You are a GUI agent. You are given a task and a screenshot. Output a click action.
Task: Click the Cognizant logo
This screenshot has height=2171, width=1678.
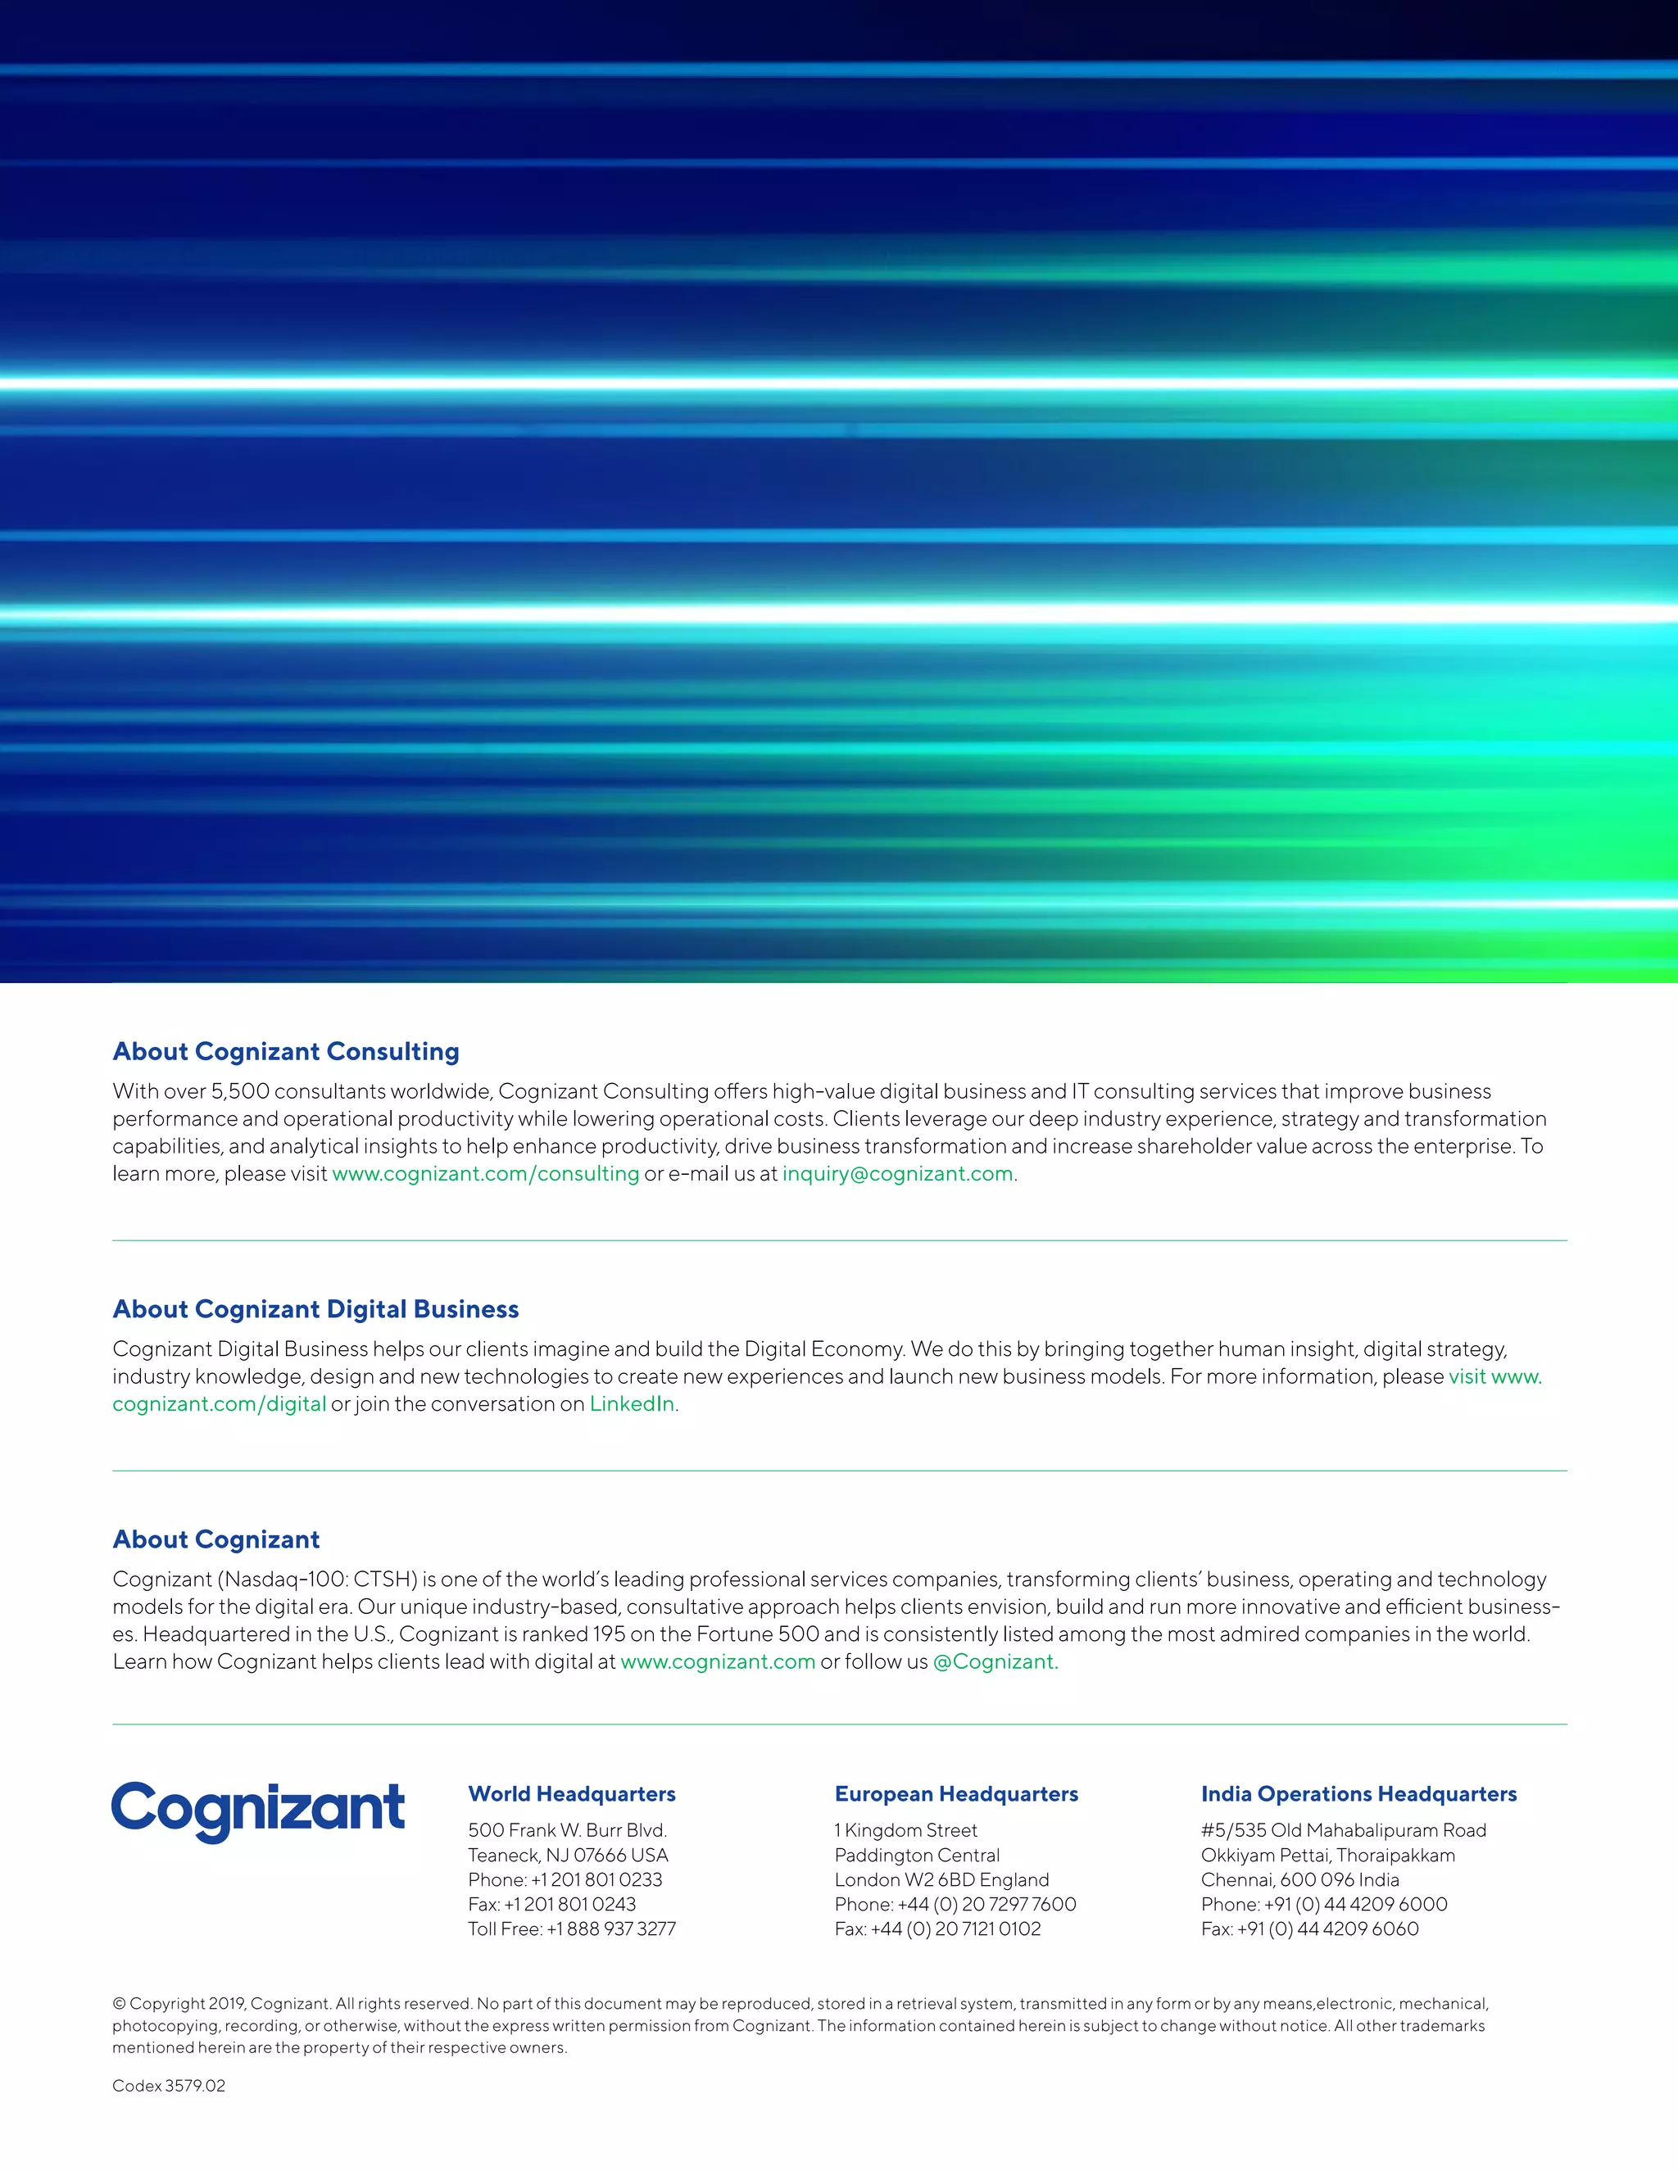click(x=258, y=1811)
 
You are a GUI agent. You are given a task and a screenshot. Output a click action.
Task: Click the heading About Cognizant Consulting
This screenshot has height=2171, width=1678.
click(x=286, y=1052)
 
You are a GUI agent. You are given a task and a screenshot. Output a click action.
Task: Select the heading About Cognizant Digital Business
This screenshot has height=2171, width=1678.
click(x=316, y=1309)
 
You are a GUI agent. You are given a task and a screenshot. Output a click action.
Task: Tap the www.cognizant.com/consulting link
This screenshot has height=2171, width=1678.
click(x=485, y=1174)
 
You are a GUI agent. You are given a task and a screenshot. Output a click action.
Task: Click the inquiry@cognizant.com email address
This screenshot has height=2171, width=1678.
click(x=898, y=1174)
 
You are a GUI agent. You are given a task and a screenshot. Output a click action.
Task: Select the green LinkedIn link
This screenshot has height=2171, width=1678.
click(x=633, y=1403)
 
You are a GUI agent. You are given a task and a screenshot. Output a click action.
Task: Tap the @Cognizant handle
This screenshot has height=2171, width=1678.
click(x=995, y=1662)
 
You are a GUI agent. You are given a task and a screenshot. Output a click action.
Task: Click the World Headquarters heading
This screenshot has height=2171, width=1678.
click(x=572, y=1794)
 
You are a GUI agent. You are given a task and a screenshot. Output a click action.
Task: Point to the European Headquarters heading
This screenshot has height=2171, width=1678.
click(x=956, y=1794)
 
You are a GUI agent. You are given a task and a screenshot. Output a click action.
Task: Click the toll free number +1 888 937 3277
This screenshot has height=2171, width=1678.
click(x=611, y=1929)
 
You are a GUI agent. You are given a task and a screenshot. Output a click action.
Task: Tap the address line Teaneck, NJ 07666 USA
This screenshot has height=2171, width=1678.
click(x=569, y=1855)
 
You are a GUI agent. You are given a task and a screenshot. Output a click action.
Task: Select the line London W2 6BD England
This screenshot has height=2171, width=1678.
click(x=941, y=1879)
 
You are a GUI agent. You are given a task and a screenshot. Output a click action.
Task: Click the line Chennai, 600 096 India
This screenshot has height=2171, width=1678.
click(x=1299, y=1879)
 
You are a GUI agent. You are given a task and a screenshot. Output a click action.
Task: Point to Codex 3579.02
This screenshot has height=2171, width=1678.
click(x=169, y=2086)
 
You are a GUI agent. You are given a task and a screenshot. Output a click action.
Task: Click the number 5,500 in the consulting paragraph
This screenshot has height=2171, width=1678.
click(x=241, y=1091)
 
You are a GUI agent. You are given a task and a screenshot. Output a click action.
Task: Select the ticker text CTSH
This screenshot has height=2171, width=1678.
click(x=383, y=1580)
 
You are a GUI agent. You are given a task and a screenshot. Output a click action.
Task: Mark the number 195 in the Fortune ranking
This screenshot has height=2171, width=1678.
click(x=610, y=1634)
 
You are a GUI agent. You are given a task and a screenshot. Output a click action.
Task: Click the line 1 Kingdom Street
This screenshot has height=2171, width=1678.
click(x=905, y=1830)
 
